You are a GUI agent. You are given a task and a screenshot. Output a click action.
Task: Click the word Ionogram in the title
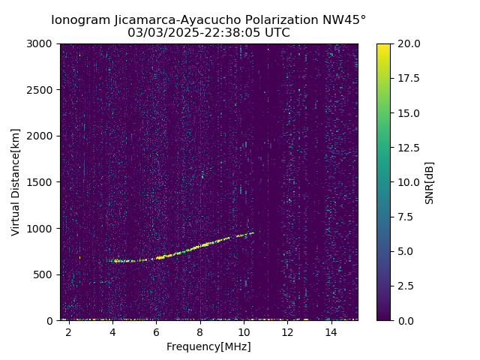pos(79,20)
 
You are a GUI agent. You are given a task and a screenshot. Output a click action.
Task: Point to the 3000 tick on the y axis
pos(42,43)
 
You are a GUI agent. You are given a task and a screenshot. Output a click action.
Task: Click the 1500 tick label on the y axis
pos(42,182)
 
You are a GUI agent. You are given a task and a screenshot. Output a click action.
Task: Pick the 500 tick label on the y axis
pos(45,274)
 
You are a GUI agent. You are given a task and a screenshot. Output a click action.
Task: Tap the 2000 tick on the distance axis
pos(42,136)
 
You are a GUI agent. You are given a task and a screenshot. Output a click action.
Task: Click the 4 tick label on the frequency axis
pos(112,332)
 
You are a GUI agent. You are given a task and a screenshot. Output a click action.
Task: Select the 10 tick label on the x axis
pos(244,332)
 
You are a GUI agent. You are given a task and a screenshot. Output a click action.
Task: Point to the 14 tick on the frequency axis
pos(331,332)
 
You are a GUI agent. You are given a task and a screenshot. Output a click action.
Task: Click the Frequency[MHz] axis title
pos(208,346)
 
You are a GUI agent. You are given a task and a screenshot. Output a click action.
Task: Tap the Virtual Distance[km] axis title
pos(15,181)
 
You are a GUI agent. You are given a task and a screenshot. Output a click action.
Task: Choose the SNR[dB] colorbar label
pos(430,182)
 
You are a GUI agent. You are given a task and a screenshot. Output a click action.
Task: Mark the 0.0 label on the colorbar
pos(405,320)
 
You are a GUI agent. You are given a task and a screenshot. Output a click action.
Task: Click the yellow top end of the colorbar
pos(383,46)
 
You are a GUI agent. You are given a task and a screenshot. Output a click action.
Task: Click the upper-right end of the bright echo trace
pos(253,232)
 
